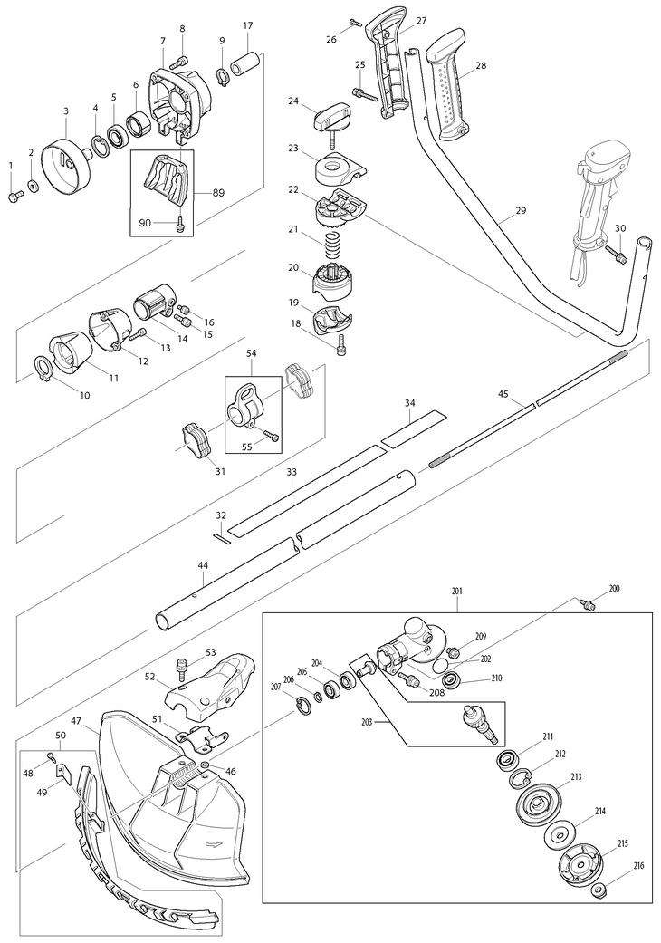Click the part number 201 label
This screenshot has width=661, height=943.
456,592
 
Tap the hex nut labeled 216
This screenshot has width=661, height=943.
598,891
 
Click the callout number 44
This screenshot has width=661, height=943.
203,565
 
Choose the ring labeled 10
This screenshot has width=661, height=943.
43,366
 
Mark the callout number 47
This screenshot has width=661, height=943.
76,721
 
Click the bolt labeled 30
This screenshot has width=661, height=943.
618,256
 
